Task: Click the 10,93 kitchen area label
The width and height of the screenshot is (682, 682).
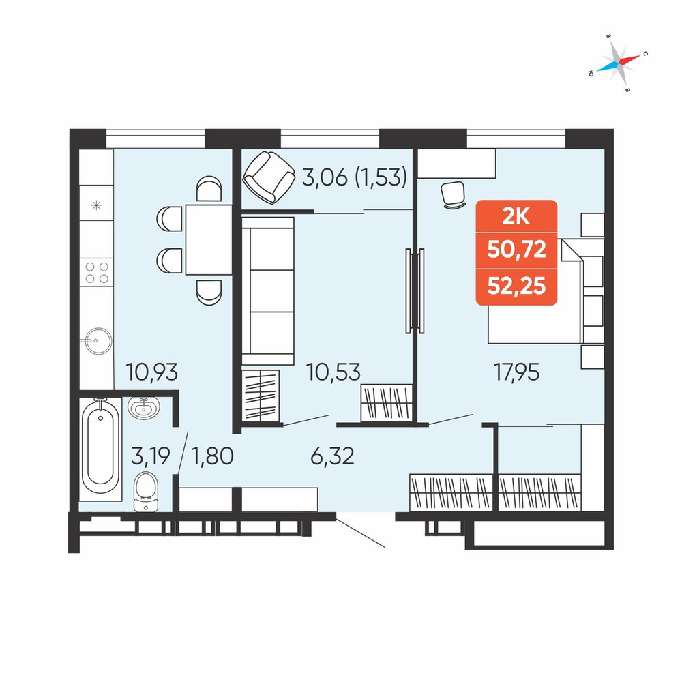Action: tap(152, 372)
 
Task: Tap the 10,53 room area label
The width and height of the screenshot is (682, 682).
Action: tap(333, 372)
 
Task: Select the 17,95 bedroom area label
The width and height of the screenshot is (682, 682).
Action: tap(516, 372)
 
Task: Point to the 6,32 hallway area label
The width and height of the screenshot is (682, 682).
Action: tap(333, 456)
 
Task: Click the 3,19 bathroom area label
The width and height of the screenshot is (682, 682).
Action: tap(151, 456)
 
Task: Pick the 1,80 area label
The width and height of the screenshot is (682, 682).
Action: tap(213, 456)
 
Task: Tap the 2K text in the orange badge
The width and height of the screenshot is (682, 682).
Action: tap(516, 216)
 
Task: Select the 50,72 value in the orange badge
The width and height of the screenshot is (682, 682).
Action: tap(516, 250)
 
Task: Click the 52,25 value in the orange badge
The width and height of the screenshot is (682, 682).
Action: tap(516, 286)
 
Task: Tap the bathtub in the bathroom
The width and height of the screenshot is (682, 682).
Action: tap(100, 449)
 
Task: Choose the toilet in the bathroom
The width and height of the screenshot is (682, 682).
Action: tap(146, 492)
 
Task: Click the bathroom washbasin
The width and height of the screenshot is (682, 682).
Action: tap(144, 408)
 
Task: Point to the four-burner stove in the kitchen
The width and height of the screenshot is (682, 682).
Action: tap(97, 272)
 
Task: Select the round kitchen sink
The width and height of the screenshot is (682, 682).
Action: tap(98, 341)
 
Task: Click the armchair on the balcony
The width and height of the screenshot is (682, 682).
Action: tap(269, 177)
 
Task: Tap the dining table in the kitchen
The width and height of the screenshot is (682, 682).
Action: tap(209, 239)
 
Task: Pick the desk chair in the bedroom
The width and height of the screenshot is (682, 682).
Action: tap(454, 194)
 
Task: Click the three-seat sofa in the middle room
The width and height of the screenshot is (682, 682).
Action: tap(268, 291)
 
